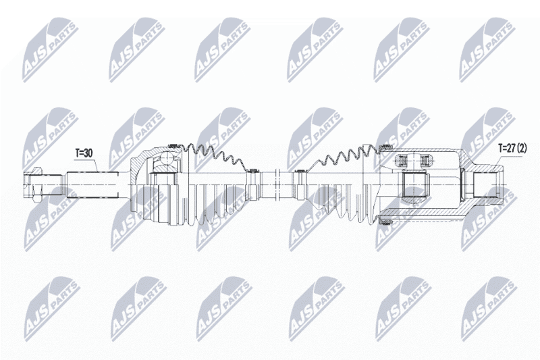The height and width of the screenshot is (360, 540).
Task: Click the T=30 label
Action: (84, 153)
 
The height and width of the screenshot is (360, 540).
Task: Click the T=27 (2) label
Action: (513, 149)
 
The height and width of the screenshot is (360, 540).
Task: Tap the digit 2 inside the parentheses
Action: (522, 149)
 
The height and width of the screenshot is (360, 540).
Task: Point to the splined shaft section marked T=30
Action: (92, 185)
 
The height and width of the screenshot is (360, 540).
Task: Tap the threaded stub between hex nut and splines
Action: (52, 185)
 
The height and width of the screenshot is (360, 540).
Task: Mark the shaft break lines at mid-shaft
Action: (276, 185)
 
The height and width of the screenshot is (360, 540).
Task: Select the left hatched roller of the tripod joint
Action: (402, 161)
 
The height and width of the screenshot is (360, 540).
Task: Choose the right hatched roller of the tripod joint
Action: (425, 161)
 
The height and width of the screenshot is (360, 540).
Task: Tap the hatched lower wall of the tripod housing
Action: (424, 211)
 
